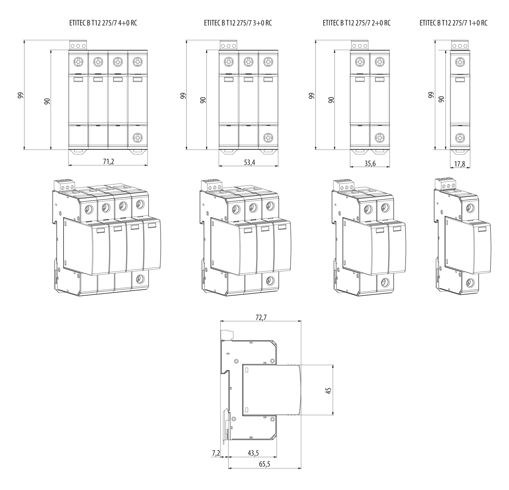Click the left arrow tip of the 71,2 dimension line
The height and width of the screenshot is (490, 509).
tap(69, 165)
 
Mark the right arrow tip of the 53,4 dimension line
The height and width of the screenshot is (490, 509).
tap(278, 166)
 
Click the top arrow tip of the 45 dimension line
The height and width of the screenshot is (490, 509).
tap(333, 365)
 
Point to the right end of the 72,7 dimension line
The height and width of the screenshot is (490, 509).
tap(301, 321)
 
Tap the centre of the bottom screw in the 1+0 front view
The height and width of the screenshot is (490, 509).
tap(460, 138)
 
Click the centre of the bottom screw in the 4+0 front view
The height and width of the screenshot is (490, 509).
tap(138, 138)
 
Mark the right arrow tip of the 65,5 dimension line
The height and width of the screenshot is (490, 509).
tap(301, 468)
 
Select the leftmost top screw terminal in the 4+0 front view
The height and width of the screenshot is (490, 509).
tap(79, 61)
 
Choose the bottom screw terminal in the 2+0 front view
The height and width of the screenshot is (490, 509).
tap(380, 138)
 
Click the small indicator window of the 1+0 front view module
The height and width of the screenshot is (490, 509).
tap(460, 80)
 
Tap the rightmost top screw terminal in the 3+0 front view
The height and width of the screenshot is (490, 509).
tap(268, 61)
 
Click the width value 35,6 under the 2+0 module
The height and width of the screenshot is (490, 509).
tap(370, 163)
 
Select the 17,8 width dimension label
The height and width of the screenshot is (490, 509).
tap(459, 164)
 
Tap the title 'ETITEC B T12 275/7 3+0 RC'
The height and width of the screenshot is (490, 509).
tap(238, 23)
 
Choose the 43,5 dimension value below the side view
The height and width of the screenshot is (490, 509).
tap(253, 453)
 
